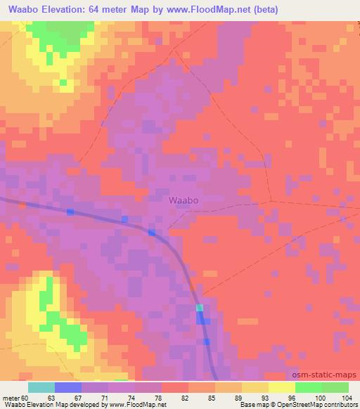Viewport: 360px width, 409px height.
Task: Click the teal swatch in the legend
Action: pos(41,387)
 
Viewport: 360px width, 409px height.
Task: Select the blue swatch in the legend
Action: pos(68,387)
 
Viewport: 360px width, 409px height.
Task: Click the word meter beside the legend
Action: pos(12,397)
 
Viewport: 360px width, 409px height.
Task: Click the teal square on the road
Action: pos(200,308)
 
